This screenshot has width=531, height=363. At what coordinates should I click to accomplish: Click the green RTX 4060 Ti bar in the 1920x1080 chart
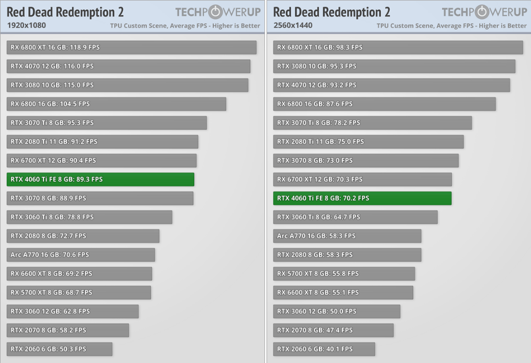click(101, 179)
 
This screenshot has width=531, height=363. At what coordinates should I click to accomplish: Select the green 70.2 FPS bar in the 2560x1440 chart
click(362, 198)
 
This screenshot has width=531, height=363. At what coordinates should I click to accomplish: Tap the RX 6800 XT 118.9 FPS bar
click(131, 47)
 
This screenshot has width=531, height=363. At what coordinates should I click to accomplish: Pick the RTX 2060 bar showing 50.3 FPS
click(60, 349)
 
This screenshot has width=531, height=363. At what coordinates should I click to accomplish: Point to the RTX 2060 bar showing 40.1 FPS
click(324, 349)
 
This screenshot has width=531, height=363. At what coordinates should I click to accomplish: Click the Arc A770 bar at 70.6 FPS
click(81, 255)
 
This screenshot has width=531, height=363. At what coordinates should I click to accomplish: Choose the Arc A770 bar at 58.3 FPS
click(347, 236)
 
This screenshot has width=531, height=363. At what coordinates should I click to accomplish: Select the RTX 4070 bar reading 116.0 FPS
click(128, 66)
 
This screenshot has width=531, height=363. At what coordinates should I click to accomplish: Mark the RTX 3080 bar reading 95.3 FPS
click(394, 66)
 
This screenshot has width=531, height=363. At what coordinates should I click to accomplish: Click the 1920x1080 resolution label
click(26, 25)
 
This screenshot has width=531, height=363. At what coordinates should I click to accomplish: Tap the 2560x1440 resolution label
click(292, 25)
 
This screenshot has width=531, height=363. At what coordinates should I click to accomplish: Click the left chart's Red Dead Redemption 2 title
click(65, 12)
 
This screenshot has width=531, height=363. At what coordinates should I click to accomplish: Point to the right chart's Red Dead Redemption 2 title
click(331, 12)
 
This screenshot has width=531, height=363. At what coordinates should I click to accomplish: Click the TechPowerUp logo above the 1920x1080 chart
click(217, 12)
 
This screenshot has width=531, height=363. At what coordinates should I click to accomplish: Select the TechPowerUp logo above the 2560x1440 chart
click(484, 12)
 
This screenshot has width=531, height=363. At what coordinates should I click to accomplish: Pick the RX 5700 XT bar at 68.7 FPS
click(79, 292)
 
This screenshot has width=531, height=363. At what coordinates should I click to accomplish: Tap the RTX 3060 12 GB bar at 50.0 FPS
click(337, 311)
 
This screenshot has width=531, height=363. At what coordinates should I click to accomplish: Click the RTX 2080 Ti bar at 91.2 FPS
click(103, 141)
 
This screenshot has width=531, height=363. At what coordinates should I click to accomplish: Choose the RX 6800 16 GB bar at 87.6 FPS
click(384, 104)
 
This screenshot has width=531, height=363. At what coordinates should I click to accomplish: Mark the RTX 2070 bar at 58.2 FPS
click(68, 330)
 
